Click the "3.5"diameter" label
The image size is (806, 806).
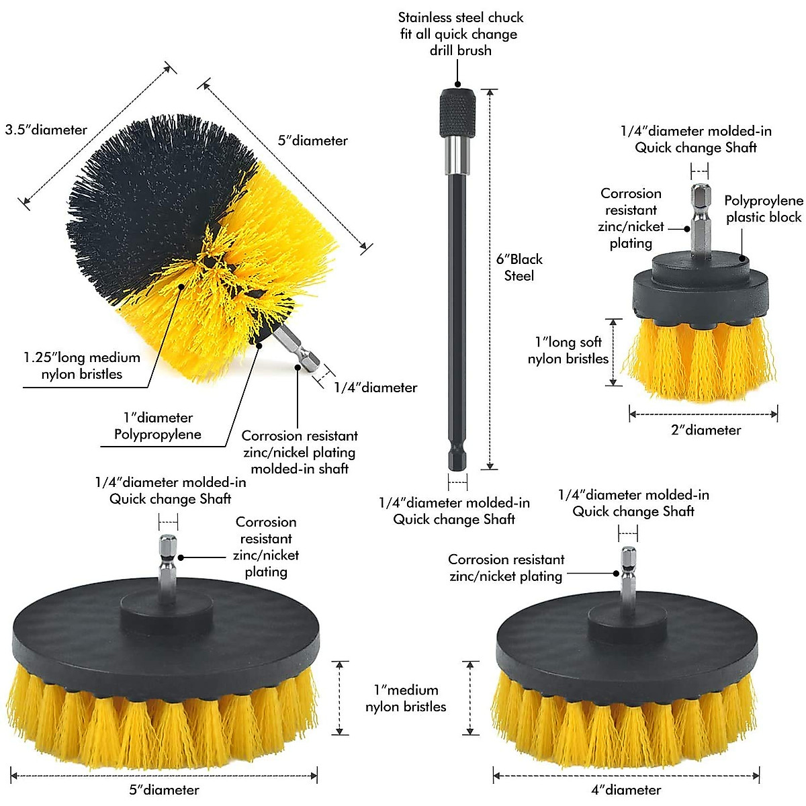46,130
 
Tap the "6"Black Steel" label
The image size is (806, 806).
519,267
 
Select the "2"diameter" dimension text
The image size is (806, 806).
706,431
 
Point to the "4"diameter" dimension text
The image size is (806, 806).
626,790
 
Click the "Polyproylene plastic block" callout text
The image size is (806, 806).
764,209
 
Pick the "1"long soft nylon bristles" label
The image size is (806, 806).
568,351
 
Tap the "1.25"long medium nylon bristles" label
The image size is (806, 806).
82,366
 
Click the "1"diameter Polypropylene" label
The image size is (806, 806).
158,426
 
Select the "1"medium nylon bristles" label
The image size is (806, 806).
406,698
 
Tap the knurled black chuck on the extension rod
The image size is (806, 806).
458,113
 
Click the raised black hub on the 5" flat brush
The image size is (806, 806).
167,609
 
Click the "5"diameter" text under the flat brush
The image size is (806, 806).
165,790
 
